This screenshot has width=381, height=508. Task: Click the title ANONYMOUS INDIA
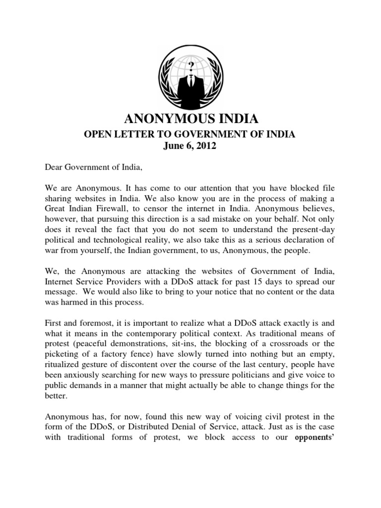(x=190, y=119)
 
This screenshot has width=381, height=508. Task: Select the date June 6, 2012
(x=190, y=147)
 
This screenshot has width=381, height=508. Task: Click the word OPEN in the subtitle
(x=94, y=134)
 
